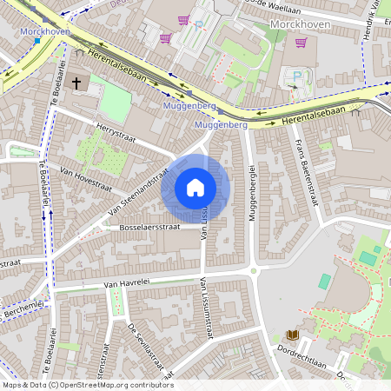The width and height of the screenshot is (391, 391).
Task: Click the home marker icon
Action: pos(195,188)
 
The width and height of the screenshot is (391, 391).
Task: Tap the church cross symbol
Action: pos(76,83)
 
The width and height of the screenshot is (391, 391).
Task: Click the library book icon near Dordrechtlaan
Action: pos(291,335)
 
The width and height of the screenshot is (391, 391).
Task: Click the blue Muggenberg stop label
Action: pos(189,105)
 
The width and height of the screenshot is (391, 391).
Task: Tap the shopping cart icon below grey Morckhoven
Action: pos(301,42)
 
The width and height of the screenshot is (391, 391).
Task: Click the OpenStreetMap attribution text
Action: pos(87,384)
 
